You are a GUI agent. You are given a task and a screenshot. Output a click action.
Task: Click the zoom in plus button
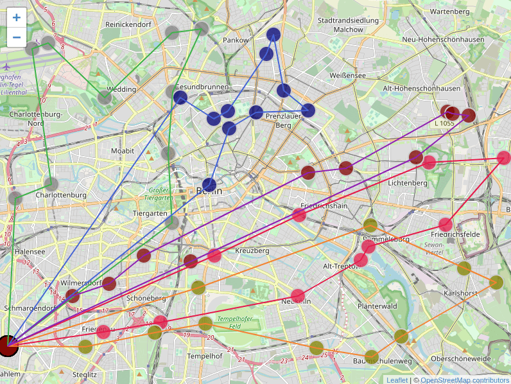pos(16,18)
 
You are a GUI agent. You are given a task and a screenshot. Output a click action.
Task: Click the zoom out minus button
pos(16,37)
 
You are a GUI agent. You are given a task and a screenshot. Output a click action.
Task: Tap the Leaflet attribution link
pos(397,380)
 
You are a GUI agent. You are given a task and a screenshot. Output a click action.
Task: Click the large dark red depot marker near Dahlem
pos(8,345)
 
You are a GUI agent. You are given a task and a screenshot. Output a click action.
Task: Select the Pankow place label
pos(235,40)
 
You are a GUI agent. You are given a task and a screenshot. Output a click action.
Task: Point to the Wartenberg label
pos(450,11)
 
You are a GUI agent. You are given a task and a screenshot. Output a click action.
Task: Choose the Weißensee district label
pos(347,75)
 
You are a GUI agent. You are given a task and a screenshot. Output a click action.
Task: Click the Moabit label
pos(123,151)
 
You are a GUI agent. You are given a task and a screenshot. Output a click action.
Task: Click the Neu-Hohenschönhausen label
pos(442,39)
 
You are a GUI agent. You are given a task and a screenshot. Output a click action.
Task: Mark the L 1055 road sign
pos(444,123)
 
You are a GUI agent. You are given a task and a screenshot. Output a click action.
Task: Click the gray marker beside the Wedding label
pos(105,98)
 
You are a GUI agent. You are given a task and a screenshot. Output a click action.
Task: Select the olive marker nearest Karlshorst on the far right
pos(496,282)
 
